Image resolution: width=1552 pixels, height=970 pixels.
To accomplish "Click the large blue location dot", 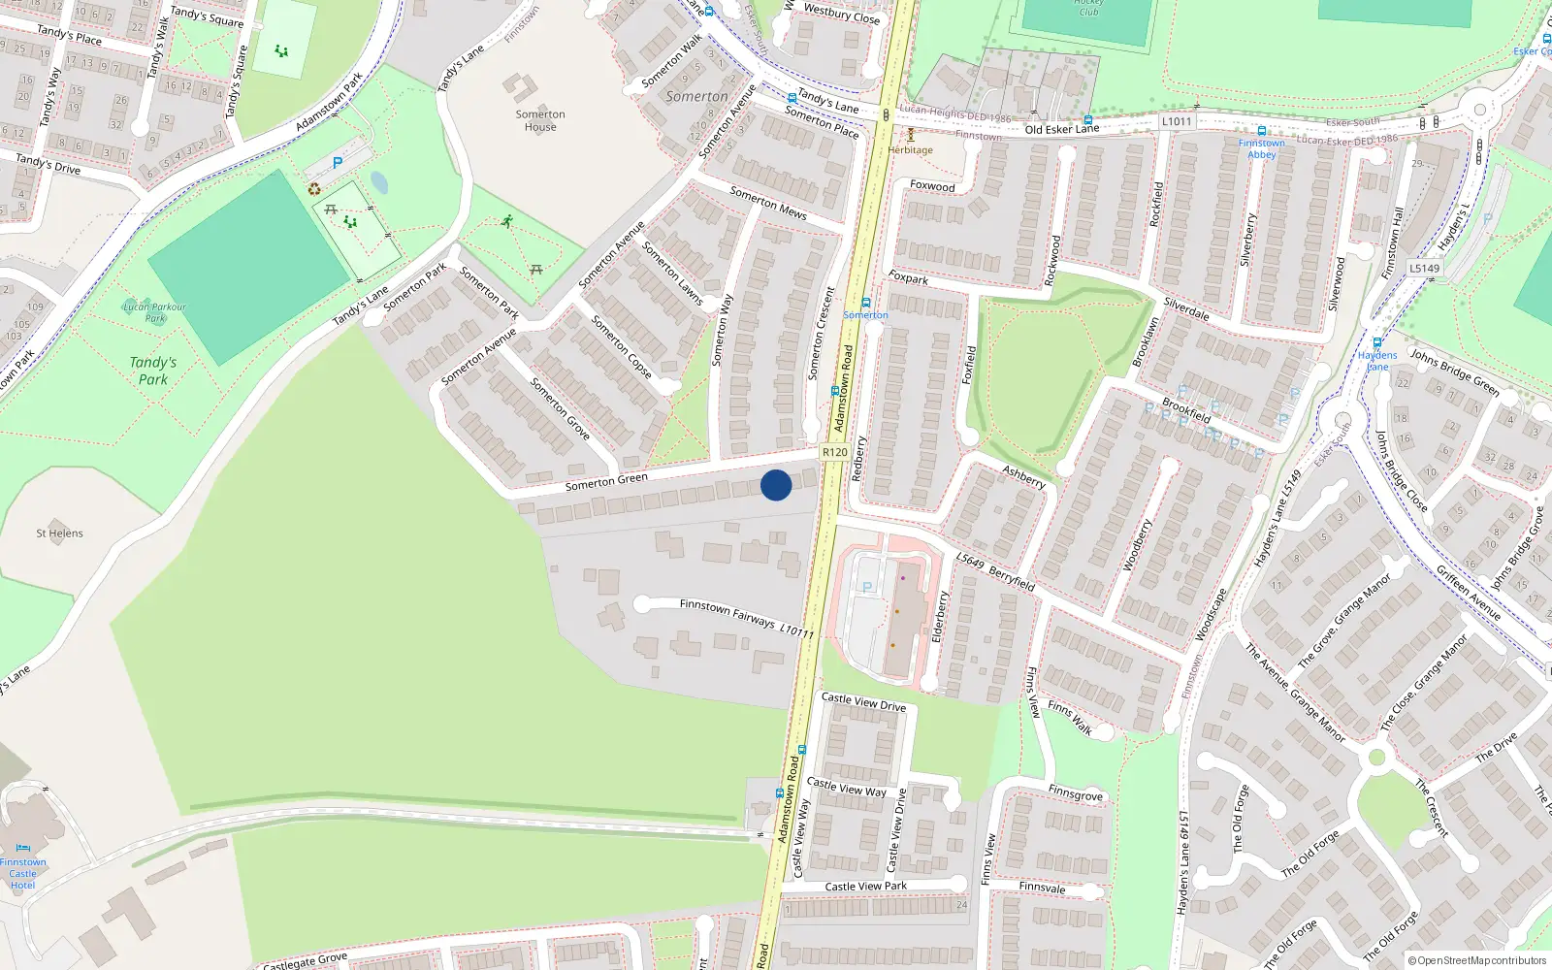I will pyautogui.click(x=776, y=485).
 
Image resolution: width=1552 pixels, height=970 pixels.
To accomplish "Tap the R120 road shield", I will pyautogui.click(x=834, y=452).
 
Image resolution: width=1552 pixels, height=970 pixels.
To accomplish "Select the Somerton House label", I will pyautogui.click(x=540, y=120).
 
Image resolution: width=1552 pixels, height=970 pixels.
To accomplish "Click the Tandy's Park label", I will pyautogui.click(x=153, y=371).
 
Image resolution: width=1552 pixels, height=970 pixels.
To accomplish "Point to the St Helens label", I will pyautogui.click(x=59, y=533).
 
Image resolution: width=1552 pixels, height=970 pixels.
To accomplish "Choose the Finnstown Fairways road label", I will pyautogui.click(x=727, y=613).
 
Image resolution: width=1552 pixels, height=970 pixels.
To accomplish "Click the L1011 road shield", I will pyautogui.click(x=1177, y=121).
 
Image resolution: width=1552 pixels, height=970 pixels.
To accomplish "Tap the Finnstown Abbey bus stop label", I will pyautogui.click(x=1261, y=148).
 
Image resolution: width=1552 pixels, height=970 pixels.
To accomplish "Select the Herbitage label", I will pyautogui.click(x=910, y=150).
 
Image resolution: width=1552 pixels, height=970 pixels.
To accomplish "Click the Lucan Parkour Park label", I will pyautogui.click(x=154, y=312).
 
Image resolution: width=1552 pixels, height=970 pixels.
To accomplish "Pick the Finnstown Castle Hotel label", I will pyautogui.click(x=23, y=873).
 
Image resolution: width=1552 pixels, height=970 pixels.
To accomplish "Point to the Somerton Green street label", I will pyautogui.click(x=606, y=482).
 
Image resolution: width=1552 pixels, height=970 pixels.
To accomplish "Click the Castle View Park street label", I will pyautogui.click(x=866, y=887).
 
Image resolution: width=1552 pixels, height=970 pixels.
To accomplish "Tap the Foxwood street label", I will pyautogui.click(x=932, y=185).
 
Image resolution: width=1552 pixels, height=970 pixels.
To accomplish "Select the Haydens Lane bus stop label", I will pyautogui.click(x=1377, y=361).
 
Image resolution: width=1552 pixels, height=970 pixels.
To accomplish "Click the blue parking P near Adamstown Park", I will pyautogui.click(x=338, y=163).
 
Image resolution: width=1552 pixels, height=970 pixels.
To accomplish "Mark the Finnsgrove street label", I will pyautogui.click(x=1075, y=792).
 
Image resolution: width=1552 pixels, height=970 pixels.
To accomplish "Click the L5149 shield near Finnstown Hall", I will pyautogui.click(x=1425, y=269).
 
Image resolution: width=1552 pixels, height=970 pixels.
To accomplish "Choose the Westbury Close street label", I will pyautogui.click(x=842, y=14).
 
